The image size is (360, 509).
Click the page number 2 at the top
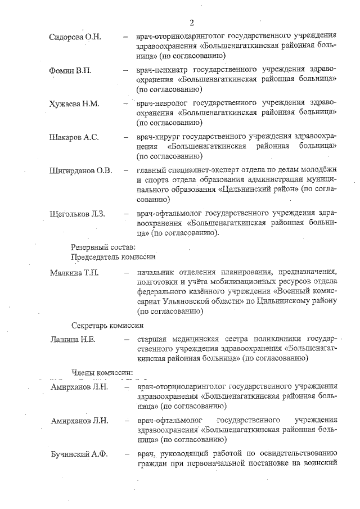[192, 23]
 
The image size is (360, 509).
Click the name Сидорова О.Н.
[75, 37]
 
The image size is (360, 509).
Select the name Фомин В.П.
[69, 70]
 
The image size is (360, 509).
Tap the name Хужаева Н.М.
[75, 104]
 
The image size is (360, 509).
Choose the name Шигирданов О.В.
[81, 170]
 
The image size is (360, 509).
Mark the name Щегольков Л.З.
[78, 214]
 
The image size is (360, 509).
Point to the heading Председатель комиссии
[112, 256]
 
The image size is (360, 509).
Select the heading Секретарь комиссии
[107, 325]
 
